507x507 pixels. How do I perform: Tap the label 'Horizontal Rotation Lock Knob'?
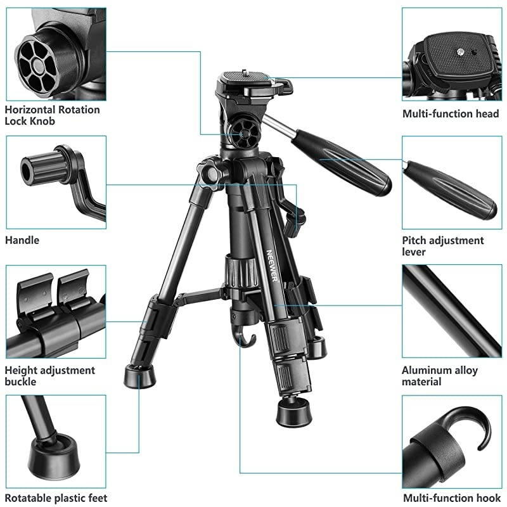(x=52, y=115)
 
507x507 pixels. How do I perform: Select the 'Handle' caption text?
(x=22, y=240)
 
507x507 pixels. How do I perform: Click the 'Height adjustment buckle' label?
(x=49, y=376)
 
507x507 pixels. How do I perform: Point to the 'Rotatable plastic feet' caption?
(x=56, y=499)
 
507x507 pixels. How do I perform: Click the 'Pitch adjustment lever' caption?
(x=442, y=246)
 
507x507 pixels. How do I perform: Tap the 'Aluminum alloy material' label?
(x=440, y=376)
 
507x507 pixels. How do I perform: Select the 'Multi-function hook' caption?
(x=451, y=499)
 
